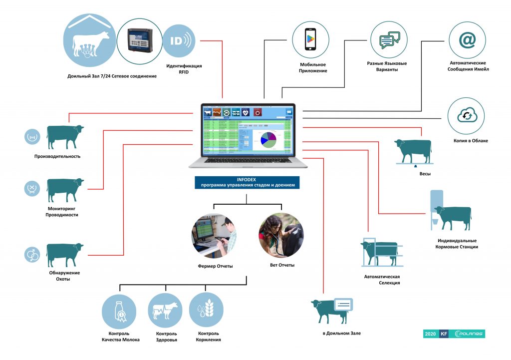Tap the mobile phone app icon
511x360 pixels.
click(x=311, y=39)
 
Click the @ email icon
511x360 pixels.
click(x=467, y=40)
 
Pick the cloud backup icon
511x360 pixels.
click(x=467, y=116)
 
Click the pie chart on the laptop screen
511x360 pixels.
click(x=268, y=139)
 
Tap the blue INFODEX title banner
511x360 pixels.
click(x=247, y=182)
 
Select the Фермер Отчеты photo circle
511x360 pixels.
click(x=214, y=235)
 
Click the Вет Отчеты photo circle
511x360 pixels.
click(x=280, y=235)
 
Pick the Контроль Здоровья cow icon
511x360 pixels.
click(x=165, y=310)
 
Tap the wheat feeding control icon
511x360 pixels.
click(x=206, y=310)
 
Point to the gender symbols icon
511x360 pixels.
click(x=32, y=255)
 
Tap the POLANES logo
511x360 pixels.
click(x=467, y=334)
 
